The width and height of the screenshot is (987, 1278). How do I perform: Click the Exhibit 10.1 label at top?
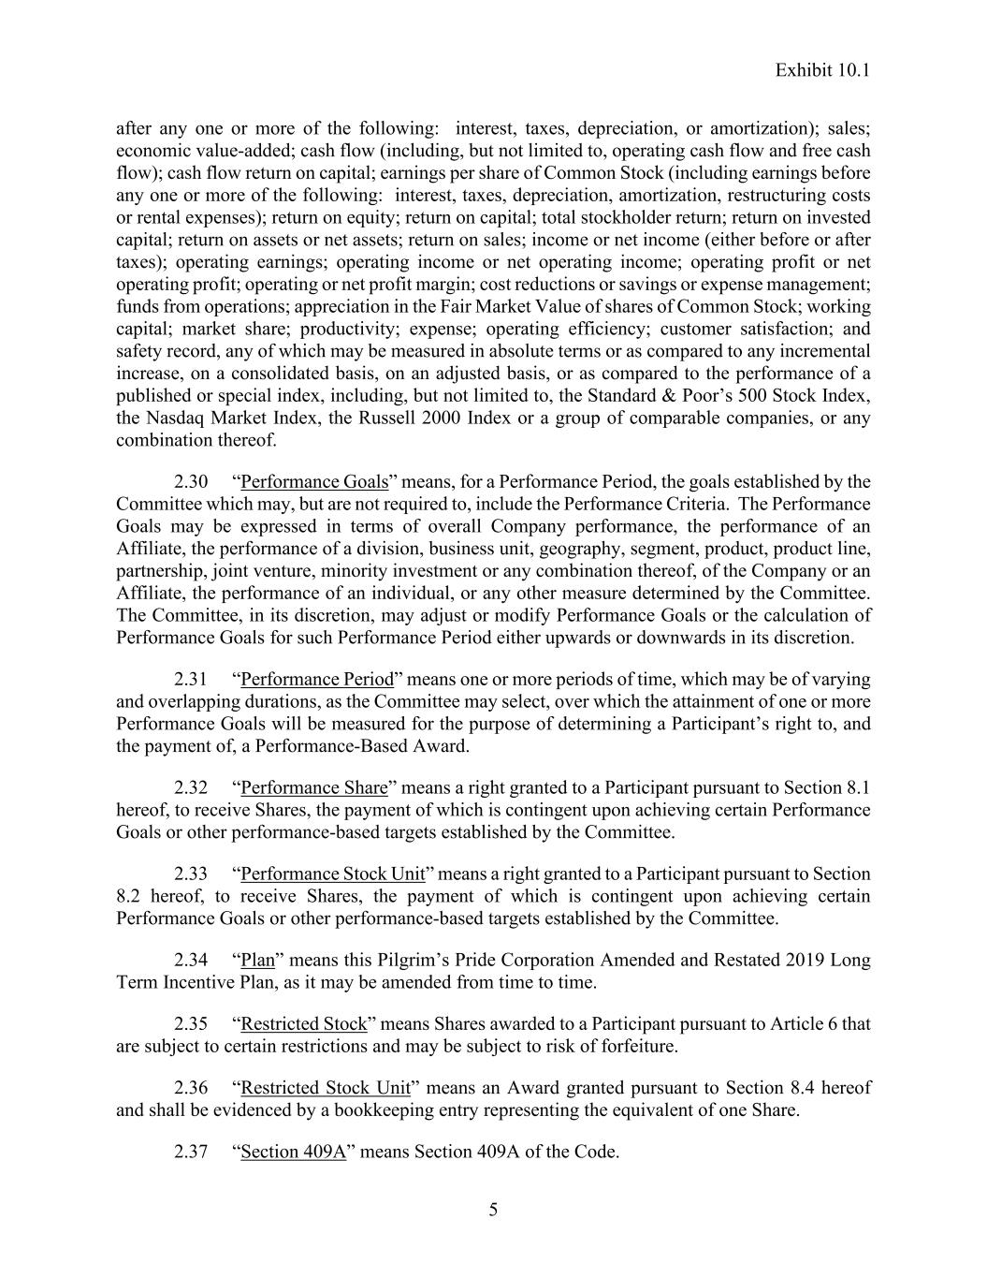click(x=823, y=70)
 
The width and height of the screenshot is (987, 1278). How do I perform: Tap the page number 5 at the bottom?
click(x=493, y=1210)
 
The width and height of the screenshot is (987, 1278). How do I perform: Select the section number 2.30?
click(x=191, y=482)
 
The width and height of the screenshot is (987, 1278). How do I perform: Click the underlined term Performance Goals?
click(x=314, y=482)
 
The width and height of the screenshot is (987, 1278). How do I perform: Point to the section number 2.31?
click(x=191, y=679)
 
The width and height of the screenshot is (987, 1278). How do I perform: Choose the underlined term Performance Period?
click(x=317, y=679)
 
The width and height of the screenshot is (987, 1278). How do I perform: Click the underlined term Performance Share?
click(x=314, y=787)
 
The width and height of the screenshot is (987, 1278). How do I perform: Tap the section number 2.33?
click(x=191, y=874)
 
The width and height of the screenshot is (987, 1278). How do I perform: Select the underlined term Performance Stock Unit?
click(x=333, y=874)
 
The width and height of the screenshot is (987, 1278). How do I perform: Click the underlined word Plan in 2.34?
click(x=258, y=960)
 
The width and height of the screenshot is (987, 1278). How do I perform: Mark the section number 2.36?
click(x=191, y=1087)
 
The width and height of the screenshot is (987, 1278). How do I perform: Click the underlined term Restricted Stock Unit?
click(x=326, y=1087)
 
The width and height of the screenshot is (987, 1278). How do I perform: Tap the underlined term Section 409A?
click(x=294, y=1151)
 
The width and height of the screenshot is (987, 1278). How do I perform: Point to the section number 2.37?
click(x=191, y=1151)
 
